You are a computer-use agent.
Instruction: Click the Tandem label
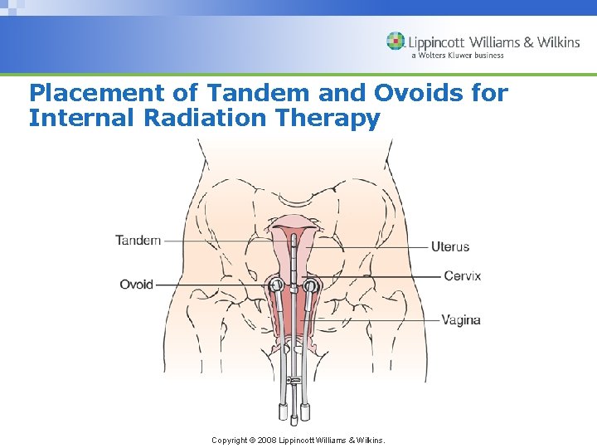138,241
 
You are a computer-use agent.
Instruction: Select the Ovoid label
136,285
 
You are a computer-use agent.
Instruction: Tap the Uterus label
450,246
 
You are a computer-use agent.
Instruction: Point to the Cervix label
462,276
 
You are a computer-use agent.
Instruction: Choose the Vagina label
461,319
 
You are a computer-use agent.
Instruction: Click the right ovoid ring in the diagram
310,287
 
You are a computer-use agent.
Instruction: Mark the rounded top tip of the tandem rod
294,237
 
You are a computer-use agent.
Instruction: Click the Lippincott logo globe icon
396,41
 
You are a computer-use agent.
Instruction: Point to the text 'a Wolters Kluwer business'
457,56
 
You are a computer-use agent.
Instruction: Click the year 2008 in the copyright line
266,440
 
